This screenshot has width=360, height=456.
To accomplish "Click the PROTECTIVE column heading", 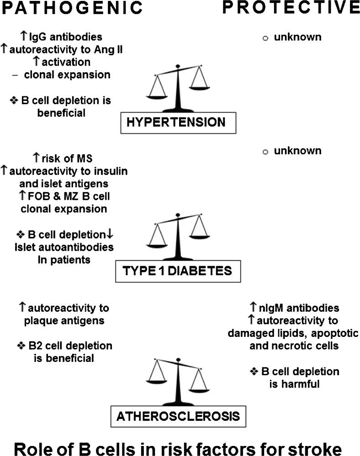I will pos(291,8).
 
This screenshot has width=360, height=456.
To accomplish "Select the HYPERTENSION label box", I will pos(178,122).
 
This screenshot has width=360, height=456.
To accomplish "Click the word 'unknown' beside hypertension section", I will pos(297,37).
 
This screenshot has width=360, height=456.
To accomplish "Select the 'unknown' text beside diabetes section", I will pos(297,151).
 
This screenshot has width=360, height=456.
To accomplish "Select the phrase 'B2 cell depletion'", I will pos(69,346).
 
